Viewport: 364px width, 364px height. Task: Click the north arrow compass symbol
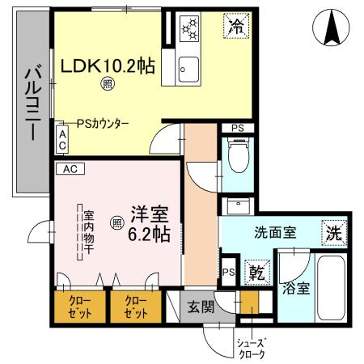331,28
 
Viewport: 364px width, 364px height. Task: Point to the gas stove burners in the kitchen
189,28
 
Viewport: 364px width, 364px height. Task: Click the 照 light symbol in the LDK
107,83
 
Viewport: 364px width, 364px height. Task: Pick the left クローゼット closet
80,306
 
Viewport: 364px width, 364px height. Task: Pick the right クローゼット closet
135,306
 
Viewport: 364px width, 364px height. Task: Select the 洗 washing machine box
332,231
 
